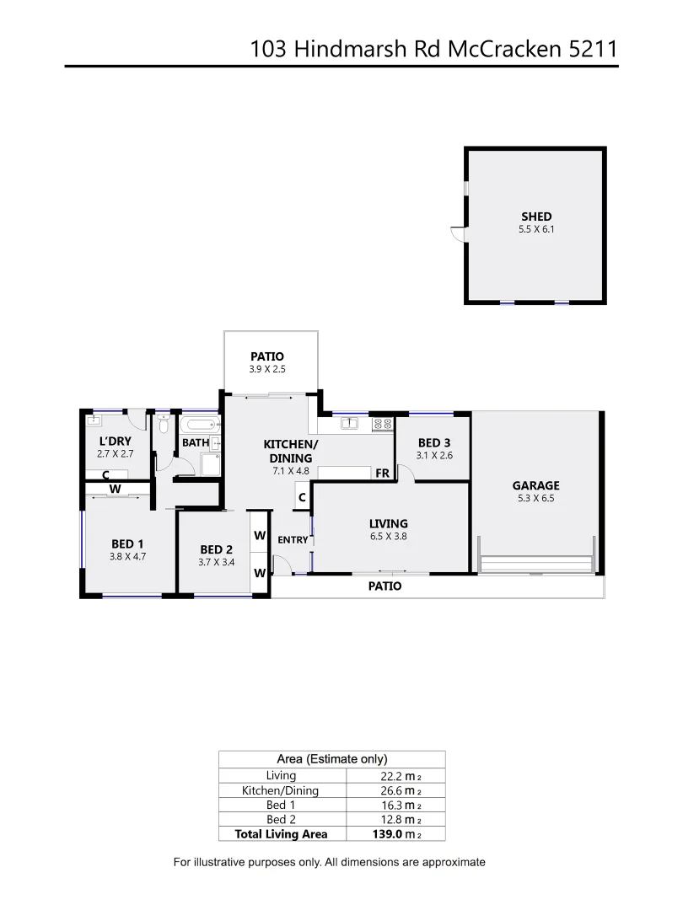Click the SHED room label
point(536,217)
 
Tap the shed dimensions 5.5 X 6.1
point(536,228)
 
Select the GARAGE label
point(535,485)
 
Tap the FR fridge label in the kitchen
point(382,474)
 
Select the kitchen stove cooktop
point(382,424)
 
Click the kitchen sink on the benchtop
point(350,423)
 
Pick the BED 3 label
point(433,442)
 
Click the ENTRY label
point(293,540)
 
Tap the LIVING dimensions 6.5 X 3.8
point(388,536)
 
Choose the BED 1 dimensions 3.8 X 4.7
point(127,556)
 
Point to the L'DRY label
point(116,441)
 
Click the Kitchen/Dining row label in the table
point(281,790)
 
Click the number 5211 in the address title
point(593,49)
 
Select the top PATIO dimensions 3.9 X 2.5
point(267,368)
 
